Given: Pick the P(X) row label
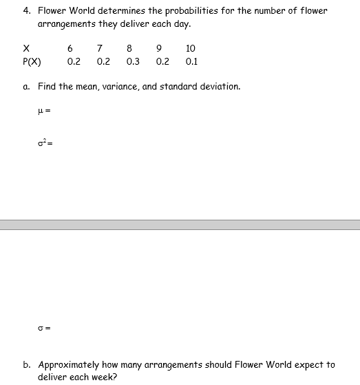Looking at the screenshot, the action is pyautogui.click(x=32, y=61).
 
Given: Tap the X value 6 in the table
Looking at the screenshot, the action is pyautogui.click(x=71, y=48).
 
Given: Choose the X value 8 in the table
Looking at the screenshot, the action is pyautogui.click(x=129, y=48).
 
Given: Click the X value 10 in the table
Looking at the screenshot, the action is pyautogui.click(x=191, y=48).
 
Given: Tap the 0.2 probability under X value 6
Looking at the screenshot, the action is pyautogui.click(x=74, y=61).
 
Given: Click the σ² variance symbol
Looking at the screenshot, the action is pyautogui.click(x=42, y=143).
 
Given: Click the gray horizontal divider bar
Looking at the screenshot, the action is pyautogui.click(x=180, y=225).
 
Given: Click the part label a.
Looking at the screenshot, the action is pyautogui.click(x=25, y=87).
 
